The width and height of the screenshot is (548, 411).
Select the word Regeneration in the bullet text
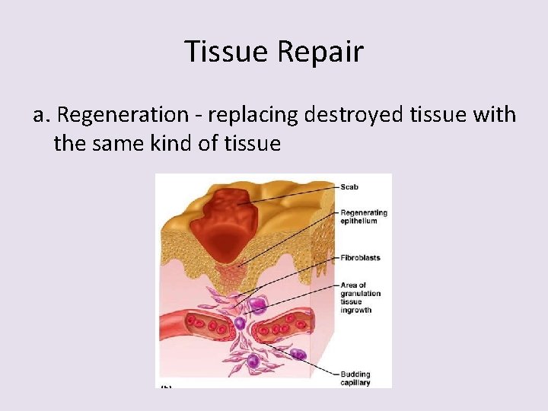pyautogui.click(x=123, y=115)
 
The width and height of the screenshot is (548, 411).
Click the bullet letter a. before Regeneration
pyautogui.click(x=41, y=115)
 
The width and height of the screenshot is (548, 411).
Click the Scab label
pyautogui.click(x=351, y=187)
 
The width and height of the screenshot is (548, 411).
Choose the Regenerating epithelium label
pyautogui.click(x=363, y=217)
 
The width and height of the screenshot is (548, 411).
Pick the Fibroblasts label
pyautogui.click(x=360, y=258)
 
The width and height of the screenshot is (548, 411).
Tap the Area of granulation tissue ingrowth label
pyautogui.click(x=360, y=298)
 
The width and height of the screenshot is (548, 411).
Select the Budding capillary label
pyautogui.click(x=355, y=378)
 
